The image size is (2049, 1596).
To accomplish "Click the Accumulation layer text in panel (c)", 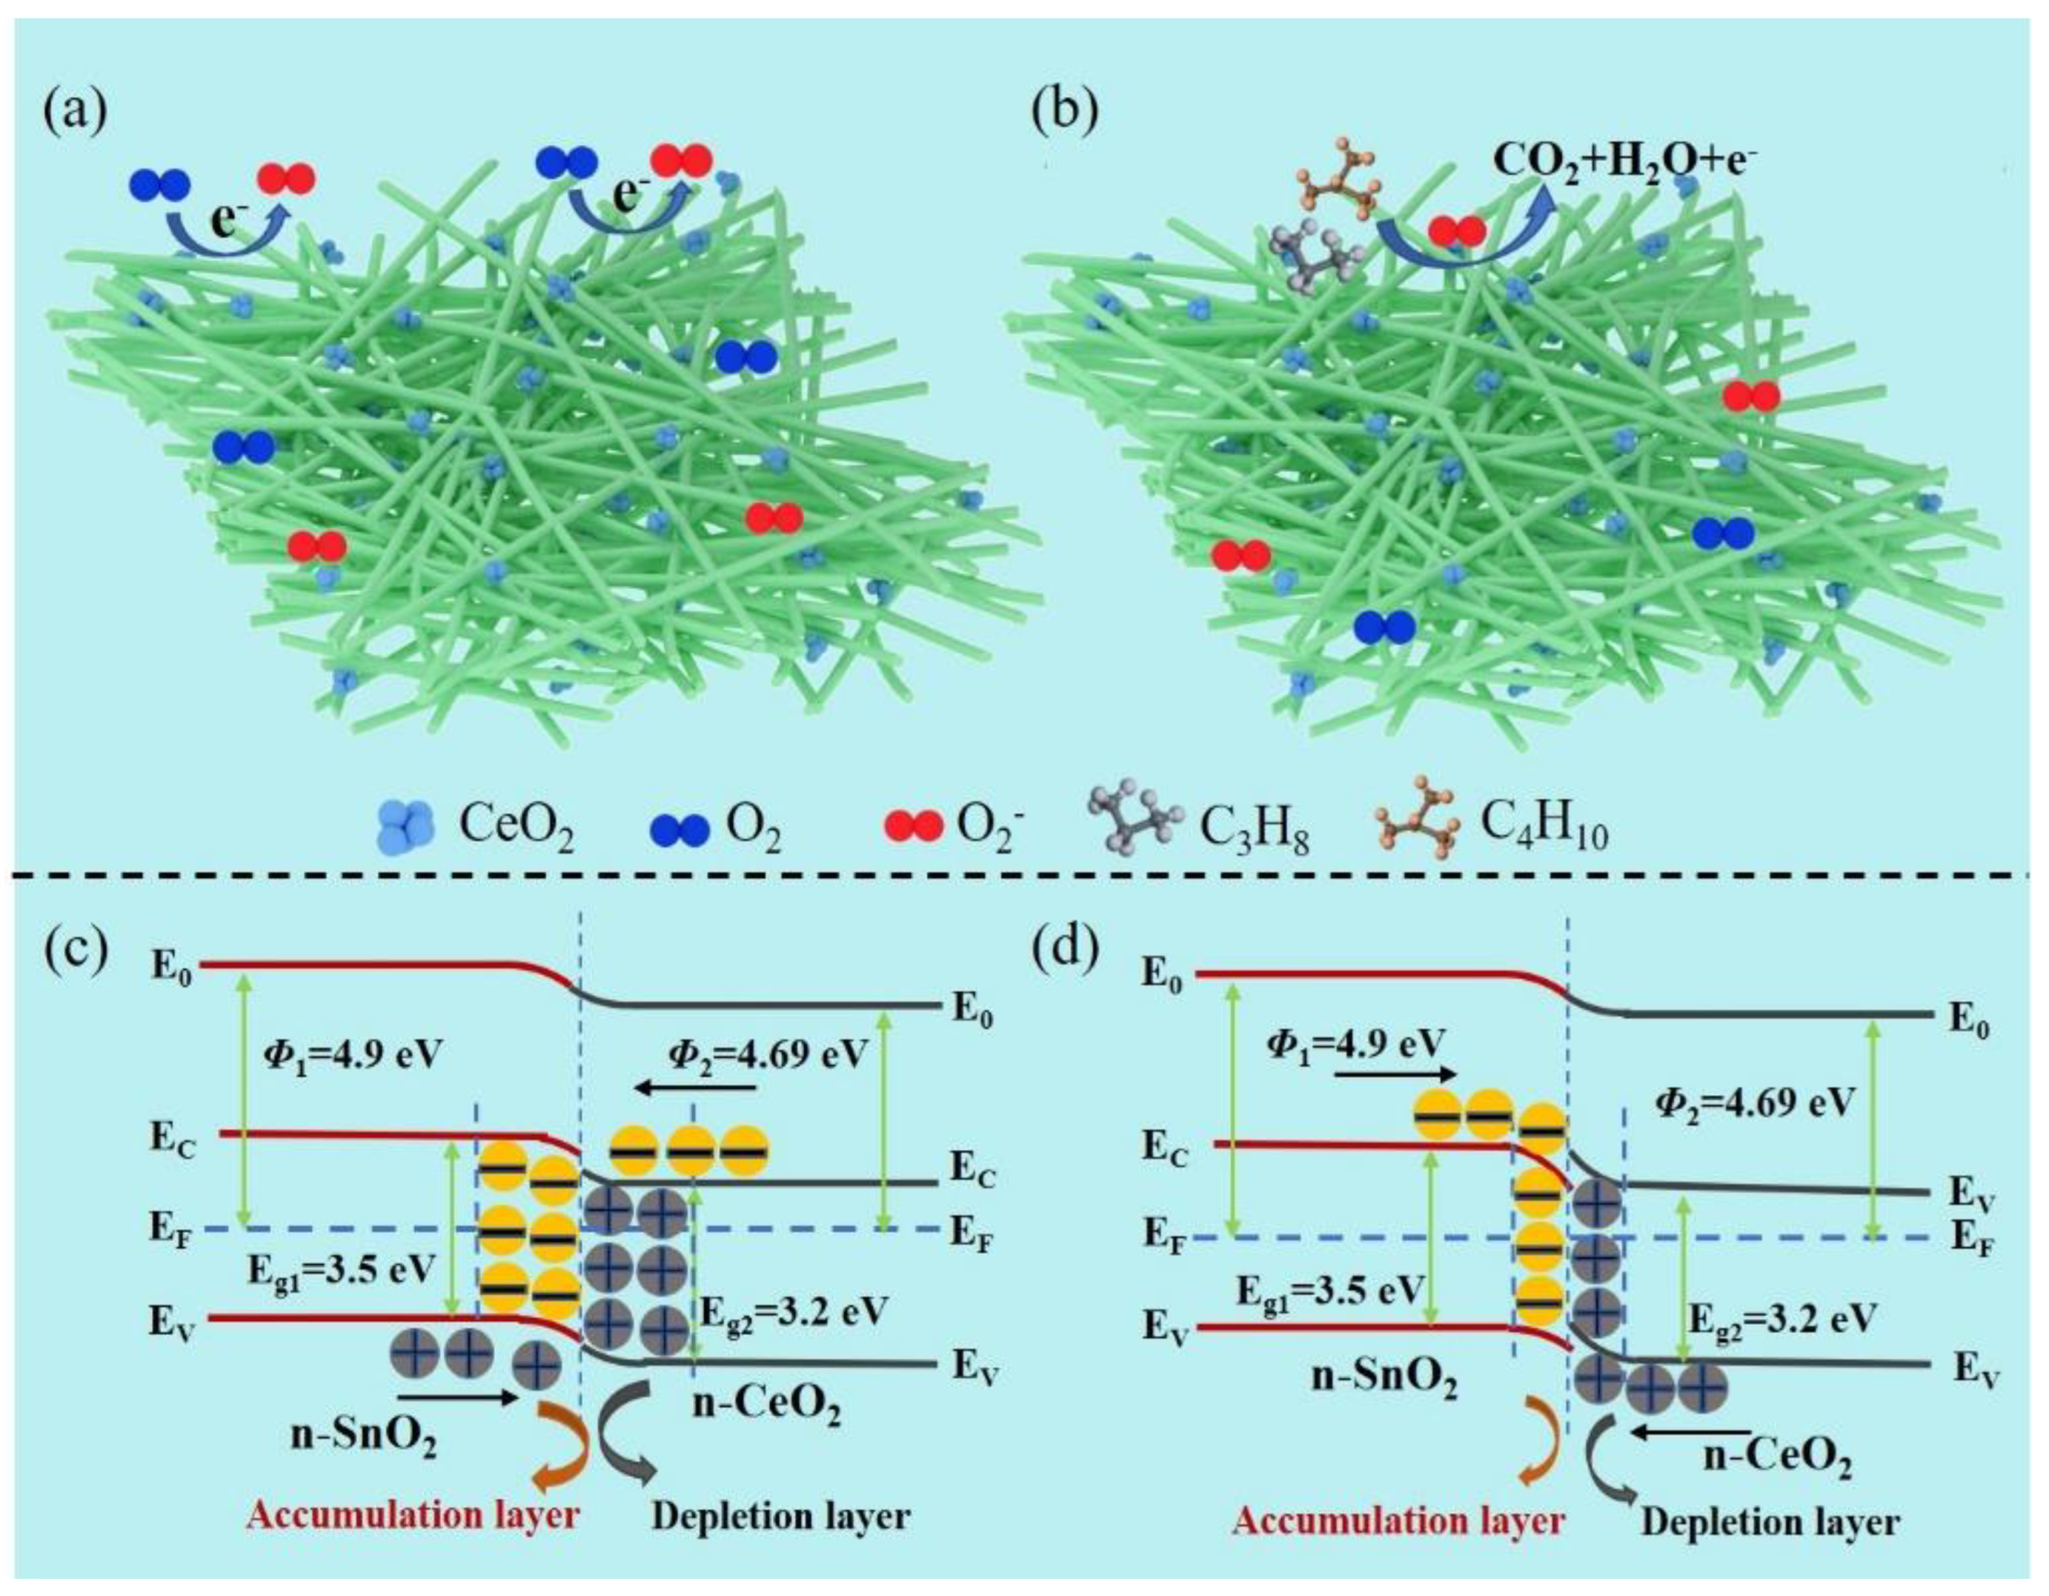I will point(414,1514).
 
